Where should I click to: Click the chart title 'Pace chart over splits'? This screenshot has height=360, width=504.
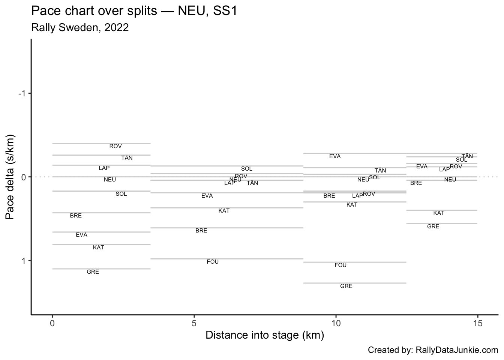(x=134, y=11)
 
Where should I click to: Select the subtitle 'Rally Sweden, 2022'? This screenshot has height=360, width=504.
(x=80, y=28)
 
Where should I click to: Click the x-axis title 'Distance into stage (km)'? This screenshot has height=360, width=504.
(x=264, y=335)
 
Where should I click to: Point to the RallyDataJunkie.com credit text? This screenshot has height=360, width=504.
(x=433, y=350)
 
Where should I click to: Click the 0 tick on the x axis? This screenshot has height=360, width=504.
(x=52, y=323)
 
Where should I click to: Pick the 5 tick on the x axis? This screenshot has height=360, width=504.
(x=194, y=323)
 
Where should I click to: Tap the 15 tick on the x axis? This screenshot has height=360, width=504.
(x=477, y=323)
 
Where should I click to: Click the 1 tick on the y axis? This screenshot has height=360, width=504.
(x=24, y=261)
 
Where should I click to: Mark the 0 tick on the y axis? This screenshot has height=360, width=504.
(x=24, y=177)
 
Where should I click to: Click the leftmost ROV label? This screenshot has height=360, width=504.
(x=115, y=146)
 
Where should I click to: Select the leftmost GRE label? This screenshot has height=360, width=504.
(x=93, y=272)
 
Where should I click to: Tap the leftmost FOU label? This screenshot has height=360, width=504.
(x=213, y=262)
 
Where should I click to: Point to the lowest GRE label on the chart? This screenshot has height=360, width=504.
(x=346, y=286)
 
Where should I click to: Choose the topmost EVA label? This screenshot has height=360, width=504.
(x=335, y=156)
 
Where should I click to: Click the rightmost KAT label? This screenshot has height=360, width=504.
(x=439, y=213)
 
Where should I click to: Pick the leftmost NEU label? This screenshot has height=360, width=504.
(x=110, y=180)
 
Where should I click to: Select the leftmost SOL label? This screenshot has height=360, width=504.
(x=121, y=194)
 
